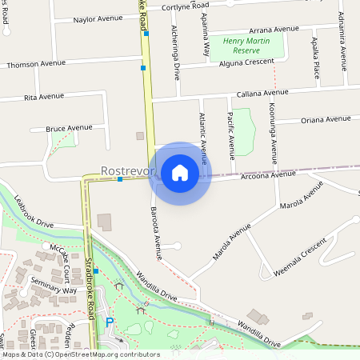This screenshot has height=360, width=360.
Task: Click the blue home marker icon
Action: click(180, 172)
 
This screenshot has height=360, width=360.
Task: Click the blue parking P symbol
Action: click(110, 322)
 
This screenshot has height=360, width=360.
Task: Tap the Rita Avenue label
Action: click(44, 96)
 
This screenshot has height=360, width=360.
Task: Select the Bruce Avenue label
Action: click(69, 127)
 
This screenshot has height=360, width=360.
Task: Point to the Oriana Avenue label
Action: click(326, 120)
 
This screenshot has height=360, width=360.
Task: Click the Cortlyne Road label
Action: click(186, 6)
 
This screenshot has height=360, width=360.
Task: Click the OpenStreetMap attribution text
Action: click(80, 354)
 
